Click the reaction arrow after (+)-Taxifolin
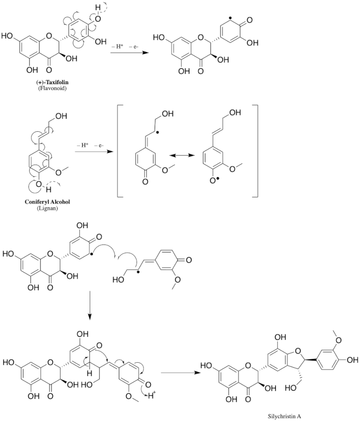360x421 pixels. [127, 54]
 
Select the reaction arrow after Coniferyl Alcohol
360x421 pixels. [91, 153]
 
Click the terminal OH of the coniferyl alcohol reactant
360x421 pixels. [61, 115]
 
